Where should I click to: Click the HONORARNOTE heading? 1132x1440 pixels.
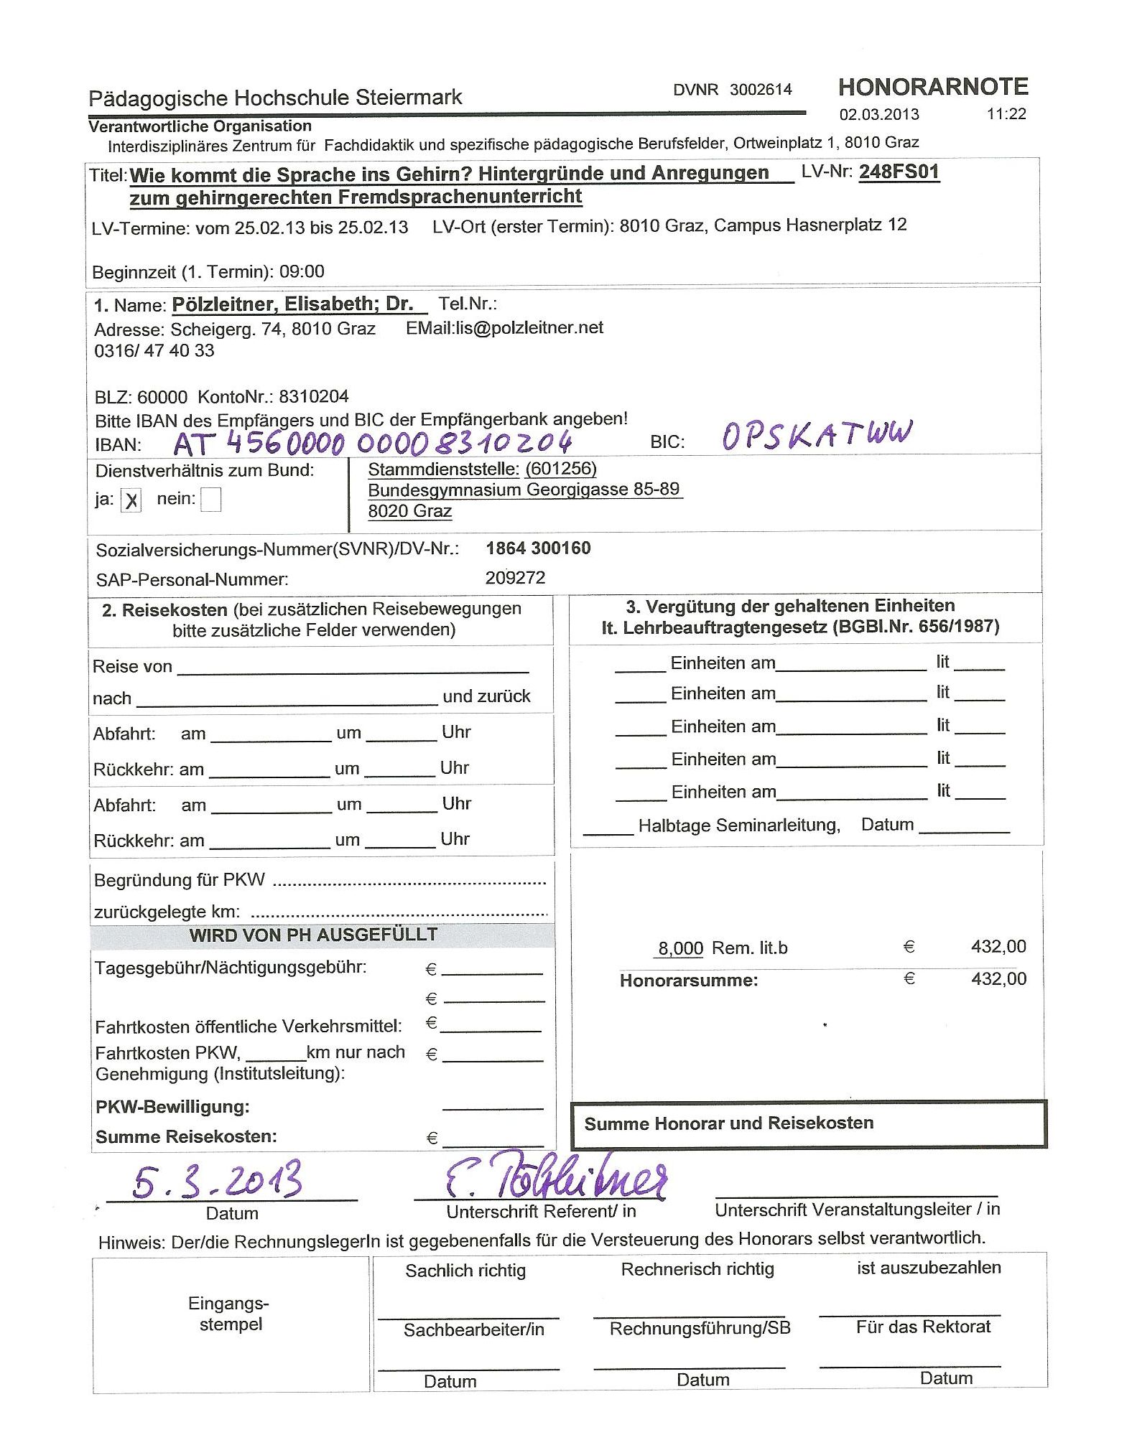point(932,87)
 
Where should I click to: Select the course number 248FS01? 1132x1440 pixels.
point(899,172)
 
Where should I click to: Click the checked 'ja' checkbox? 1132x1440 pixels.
point(131,500)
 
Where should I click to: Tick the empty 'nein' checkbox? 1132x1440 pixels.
point(210,500)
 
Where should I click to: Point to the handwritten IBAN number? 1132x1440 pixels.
point(373,442)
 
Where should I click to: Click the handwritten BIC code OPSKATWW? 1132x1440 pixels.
point(817,435)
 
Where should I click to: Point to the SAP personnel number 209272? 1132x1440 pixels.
point(515,578)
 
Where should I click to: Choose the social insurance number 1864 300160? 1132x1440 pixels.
point(538,548)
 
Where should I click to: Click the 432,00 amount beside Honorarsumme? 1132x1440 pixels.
point(998,978)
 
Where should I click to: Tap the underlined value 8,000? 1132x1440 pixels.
point(681,948)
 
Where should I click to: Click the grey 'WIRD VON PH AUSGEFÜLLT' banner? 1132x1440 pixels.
point(314,935)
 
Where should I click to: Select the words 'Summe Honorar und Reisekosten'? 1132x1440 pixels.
point(728,1123)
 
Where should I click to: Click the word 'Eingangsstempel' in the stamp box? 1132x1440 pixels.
point(230,1314)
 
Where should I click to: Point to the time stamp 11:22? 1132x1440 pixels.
point(1006,114)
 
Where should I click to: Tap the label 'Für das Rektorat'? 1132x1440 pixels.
point(923,1327)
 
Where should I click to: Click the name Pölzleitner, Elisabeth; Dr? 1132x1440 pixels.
point(293,304)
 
